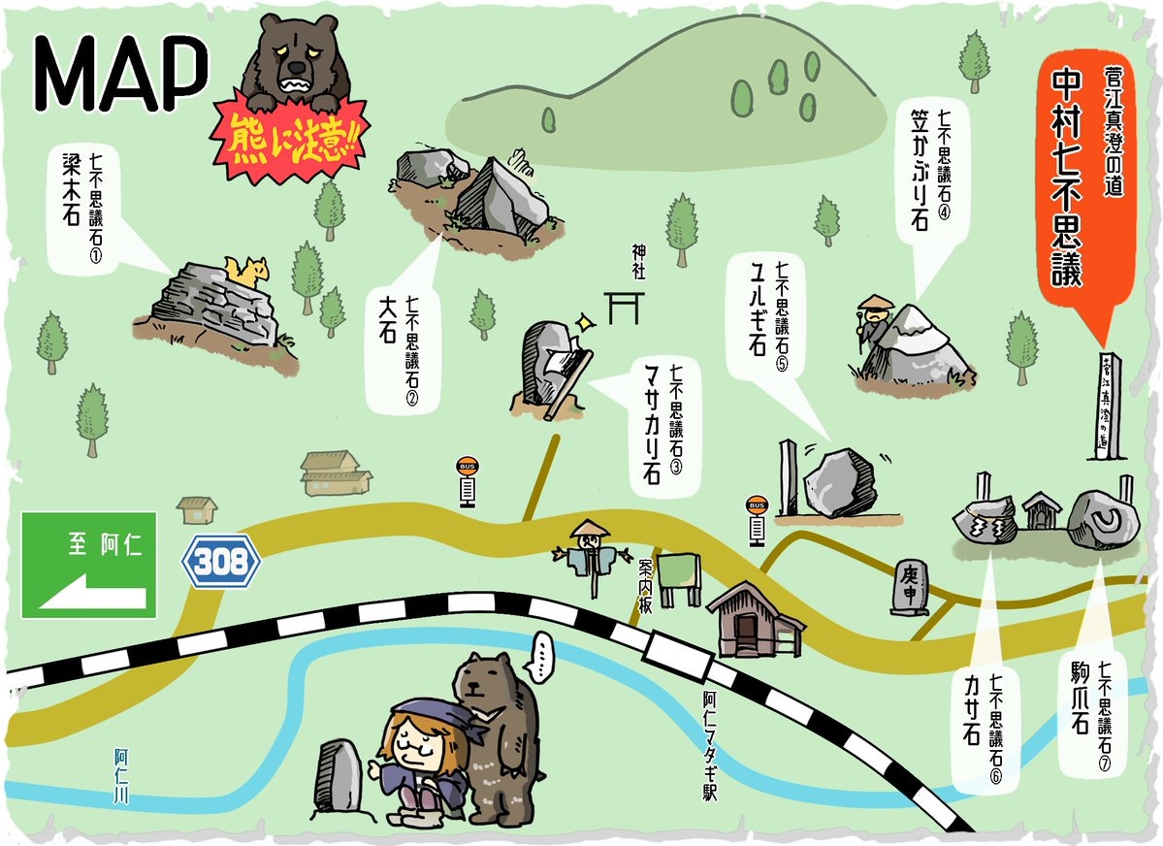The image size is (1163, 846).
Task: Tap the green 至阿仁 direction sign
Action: click(x=88, y=565)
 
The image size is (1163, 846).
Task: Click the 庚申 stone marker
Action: click(x=910, y=586)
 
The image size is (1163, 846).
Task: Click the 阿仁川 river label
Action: click(x=121, y=776)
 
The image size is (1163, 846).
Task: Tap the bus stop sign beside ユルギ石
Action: click(x=757, y=520)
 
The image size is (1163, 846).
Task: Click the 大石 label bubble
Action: click(x=399, y=350)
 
